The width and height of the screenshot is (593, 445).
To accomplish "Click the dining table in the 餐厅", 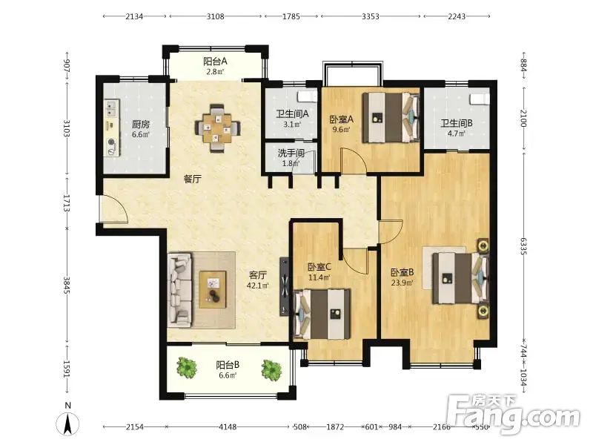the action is coord(217,129).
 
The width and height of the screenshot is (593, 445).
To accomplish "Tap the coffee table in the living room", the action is coord(213,289).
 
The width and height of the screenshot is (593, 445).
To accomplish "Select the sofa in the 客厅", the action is coord(179,290).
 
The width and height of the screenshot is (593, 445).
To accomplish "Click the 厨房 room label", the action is coord(141,124).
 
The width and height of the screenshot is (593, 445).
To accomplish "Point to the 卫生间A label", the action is coord(292,113).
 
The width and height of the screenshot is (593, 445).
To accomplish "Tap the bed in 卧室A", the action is coord(391,118).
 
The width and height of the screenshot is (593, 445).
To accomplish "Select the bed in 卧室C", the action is coord(322,314).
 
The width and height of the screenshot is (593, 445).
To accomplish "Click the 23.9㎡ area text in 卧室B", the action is coord(402,283).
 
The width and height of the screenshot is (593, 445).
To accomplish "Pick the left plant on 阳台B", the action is coord(187,366).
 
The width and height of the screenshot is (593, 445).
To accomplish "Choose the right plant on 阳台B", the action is coord(271,370).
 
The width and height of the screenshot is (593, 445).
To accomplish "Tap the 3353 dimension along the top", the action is coord(370,16).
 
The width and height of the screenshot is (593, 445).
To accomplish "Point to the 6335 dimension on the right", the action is coord(523,246).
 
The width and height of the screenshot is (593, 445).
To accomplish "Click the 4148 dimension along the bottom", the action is coord(228,427).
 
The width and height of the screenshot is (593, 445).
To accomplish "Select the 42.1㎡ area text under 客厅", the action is coord(258,286).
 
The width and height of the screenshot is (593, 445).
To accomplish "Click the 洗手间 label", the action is coord(291,154).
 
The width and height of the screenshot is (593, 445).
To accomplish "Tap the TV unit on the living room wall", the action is coord(285,286).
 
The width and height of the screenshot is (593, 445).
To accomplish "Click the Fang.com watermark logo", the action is coord(513,414).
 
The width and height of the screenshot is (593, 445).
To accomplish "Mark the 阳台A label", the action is coord(215,62).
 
